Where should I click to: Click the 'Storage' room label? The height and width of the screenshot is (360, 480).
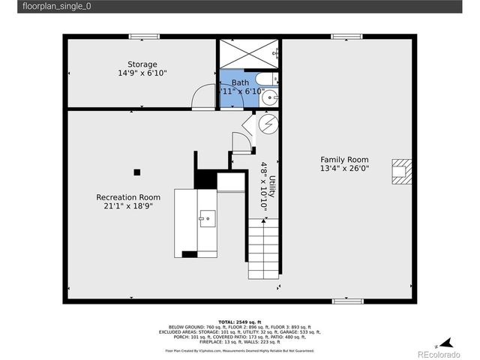(142, 64)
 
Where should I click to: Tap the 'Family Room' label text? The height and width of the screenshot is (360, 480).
(344, 159)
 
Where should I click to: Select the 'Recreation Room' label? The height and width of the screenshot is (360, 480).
(128, 197)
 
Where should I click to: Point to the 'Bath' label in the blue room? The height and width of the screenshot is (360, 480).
(240, 82)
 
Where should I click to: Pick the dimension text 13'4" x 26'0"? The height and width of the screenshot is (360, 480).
(344, 169)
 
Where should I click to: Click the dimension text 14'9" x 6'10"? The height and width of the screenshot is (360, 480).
(142, 73)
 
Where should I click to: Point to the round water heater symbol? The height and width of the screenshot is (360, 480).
(268, 123)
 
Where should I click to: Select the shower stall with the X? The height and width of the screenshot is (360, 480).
(247, 54)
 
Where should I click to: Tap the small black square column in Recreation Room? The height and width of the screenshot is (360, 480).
(137, 172)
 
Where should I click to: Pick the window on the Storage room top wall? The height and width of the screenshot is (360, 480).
(144, 36)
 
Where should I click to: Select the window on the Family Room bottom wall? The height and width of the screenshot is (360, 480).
(347, 301)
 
